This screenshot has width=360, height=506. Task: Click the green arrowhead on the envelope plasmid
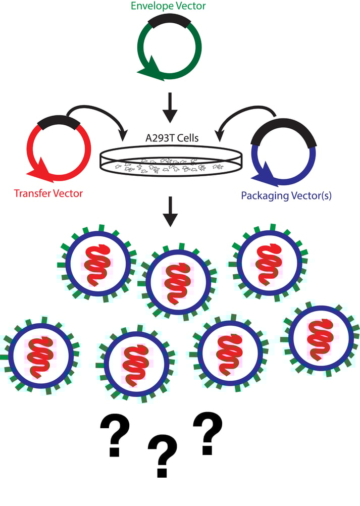coord(149,73)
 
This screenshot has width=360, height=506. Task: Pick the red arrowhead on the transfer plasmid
coord(39,174)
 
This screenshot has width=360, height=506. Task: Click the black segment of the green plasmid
coord(170,20)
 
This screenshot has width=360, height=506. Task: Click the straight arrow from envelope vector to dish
coord(171,107)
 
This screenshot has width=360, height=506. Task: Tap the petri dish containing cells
coord(171,163)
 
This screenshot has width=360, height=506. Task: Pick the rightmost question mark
coord(208,432)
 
